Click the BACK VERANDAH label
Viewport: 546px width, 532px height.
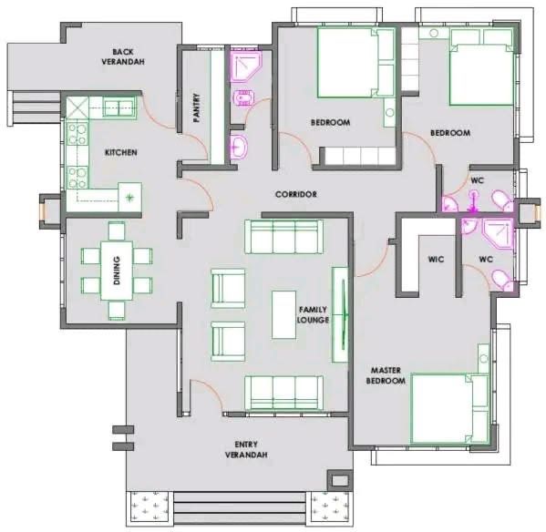[123, 56]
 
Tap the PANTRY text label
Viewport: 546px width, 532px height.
[196, 107]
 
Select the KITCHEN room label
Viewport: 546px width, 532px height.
[121, 152]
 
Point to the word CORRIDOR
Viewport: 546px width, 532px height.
[296, 194]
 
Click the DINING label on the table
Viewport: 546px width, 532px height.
[117, 271]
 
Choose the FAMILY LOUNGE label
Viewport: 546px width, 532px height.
[313, 314]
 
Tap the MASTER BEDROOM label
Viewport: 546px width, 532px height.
[386, 375]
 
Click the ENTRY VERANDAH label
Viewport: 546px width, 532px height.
[246, 449]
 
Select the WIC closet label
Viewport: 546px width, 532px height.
[436, 260]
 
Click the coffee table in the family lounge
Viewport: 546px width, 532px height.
[283, 315]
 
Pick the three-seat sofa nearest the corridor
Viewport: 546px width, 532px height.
[283, 237]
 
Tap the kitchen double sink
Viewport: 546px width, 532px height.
[118, 107]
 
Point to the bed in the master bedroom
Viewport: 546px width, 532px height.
[449, 408]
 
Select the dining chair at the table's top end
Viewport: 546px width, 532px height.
[117, 231]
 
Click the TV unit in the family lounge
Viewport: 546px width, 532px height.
[340, 314]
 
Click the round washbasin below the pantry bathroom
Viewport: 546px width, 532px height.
[239, 147]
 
